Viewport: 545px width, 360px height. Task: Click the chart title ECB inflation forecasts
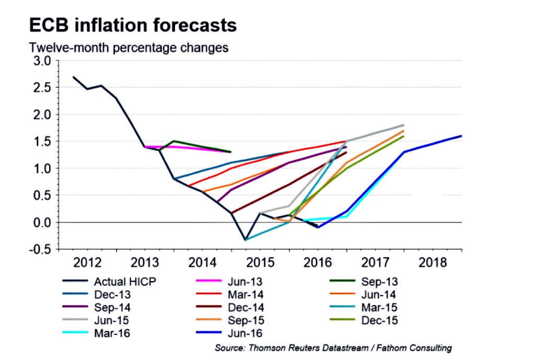[133, 25]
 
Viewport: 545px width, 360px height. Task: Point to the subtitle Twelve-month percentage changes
[129, 48]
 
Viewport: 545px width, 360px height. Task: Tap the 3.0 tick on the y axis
[43, 61]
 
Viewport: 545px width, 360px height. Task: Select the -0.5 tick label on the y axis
[41, 250]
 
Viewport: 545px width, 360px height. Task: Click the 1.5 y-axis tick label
[43, 142]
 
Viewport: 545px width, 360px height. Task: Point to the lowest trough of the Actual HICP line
[245, 240]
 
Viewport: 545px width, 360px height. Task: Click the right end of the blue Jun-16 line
[461, 136]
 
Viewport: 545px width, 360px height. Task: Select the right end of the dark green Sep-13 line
[230, 152]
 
